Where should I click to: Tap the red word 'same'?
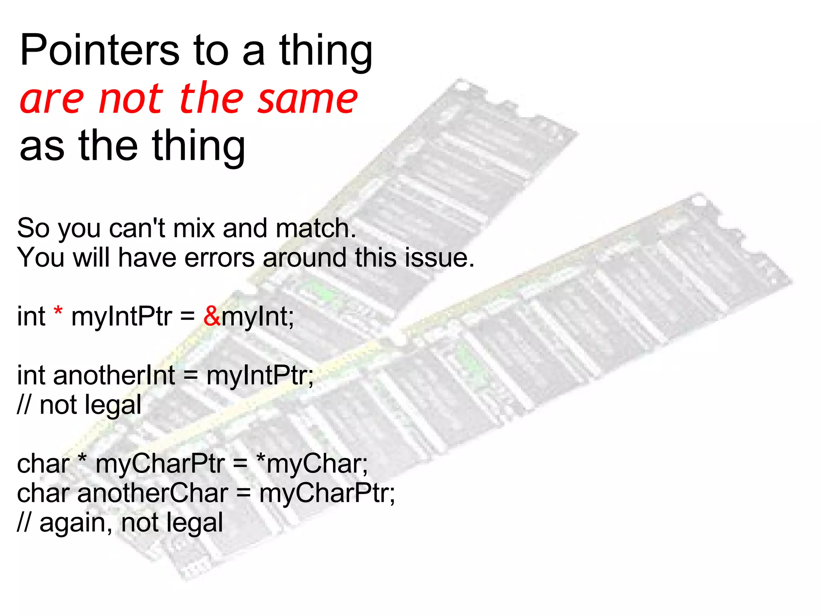(307, 98)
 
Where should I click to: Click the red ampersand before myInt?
(212, 316)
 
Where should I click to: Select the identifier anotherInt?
(114, 376)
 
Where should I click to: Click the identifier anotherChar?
(153, 493)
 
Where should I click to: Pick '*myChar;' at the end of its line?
(312, 464)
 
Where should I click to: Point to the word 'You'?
(40, 257)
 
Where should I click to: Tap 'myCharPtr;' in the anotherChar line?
(327, 493)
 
